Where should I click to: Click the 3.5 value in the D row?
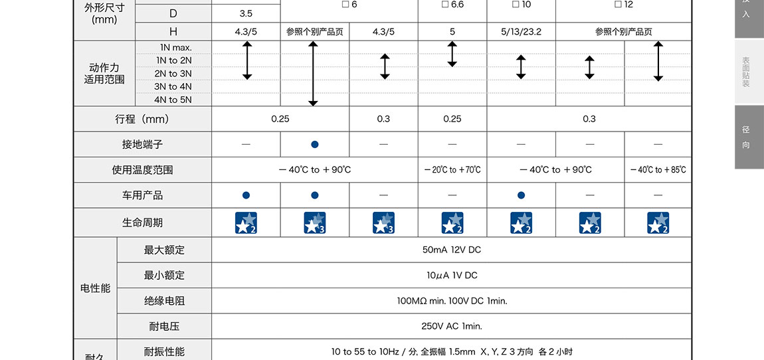246,13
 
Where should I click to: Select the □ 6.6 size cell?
452,5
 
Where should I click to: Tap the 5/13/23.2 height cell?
521,31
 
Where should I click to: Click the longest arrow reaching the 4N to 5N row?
314,73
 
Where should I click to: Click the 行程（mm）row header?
142,119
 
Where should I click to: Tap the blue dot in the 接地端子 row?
315,144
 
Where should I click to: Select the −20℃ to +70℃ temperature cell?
452,170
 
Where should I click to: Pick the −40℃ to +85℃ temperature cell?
658,170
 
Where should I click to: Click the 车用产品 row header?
142,195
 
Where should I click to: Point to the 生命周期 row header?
142,223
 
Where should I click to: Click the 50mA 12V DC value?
452,250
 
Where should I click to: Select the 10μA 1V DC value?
452,275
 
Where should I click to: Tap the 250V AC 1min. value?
452,326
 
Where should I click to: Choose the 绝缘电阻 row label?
164,301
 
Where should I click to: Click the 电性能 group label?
95,288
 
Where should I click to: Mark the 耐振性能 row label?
164,351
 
